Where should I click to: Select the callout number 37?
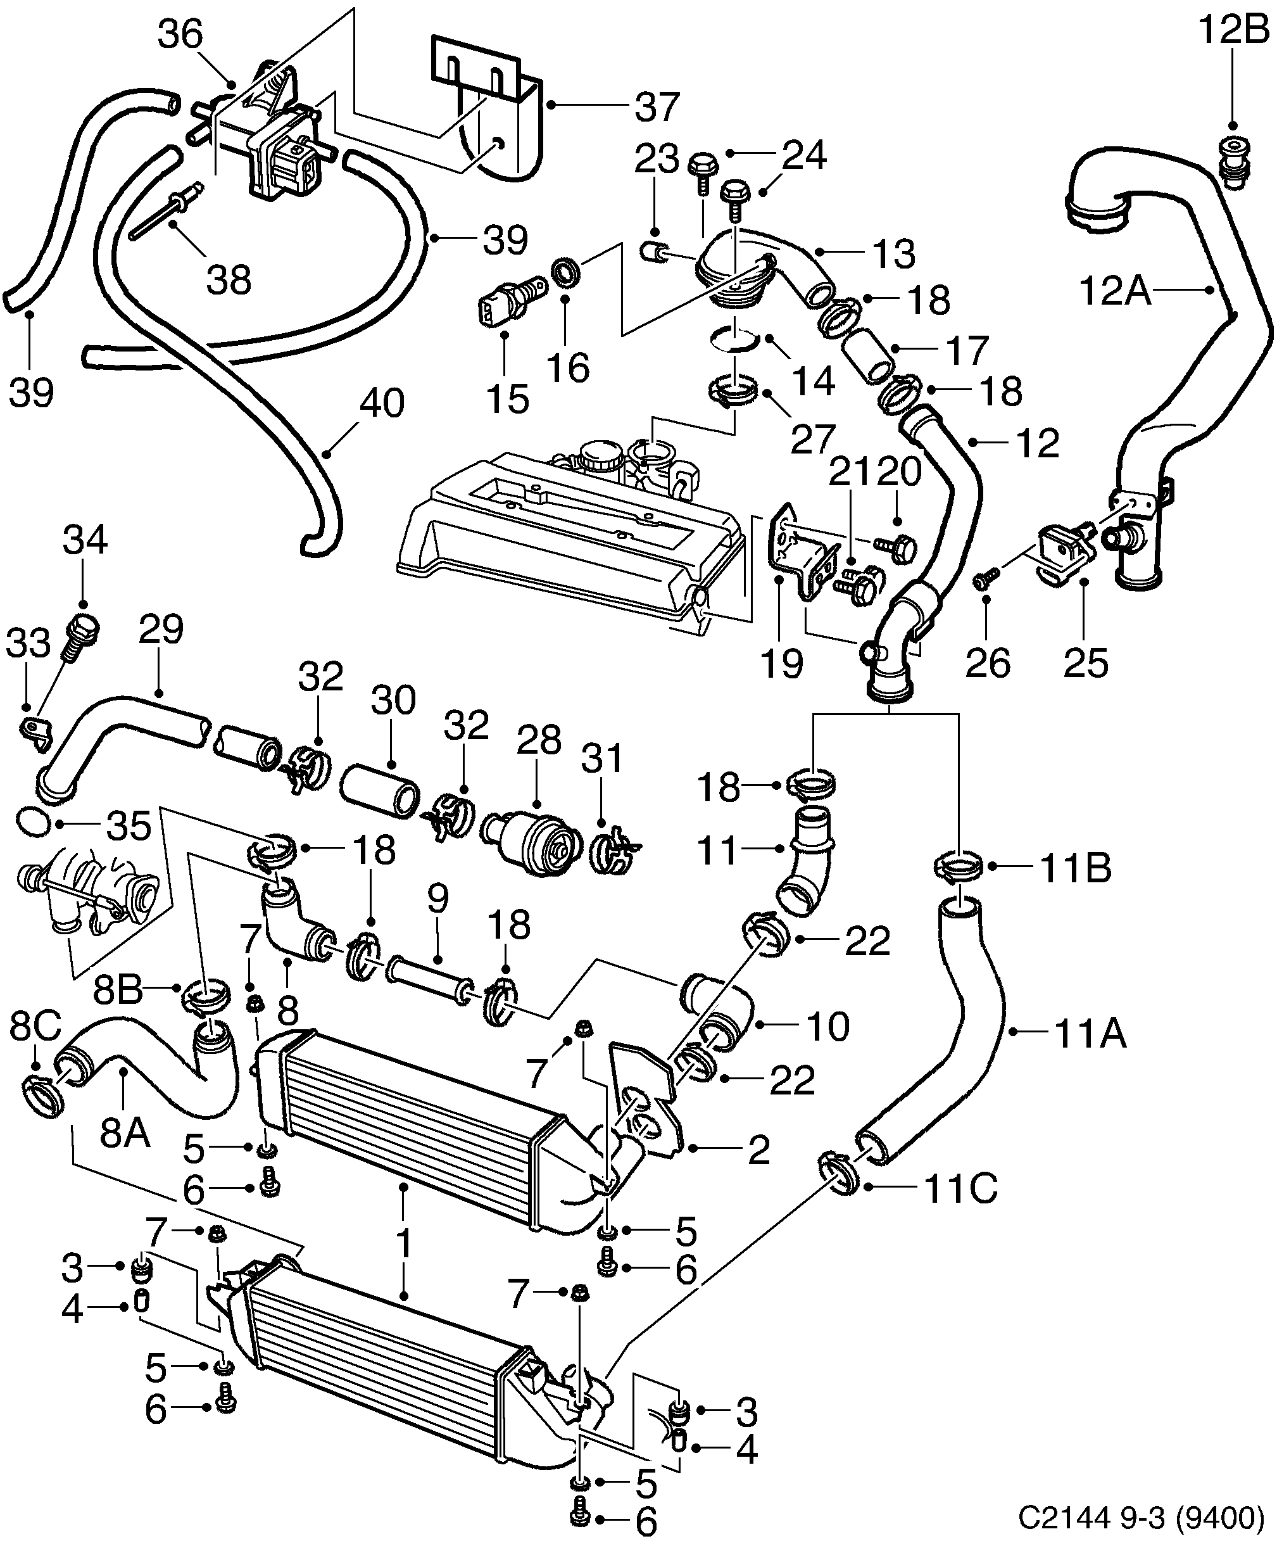coord(657,107)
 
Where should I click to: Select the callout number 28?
coord(539,740)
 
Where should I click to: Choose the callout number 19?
coord(781,663)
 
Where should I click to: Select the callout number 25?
coord(1086,663)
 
